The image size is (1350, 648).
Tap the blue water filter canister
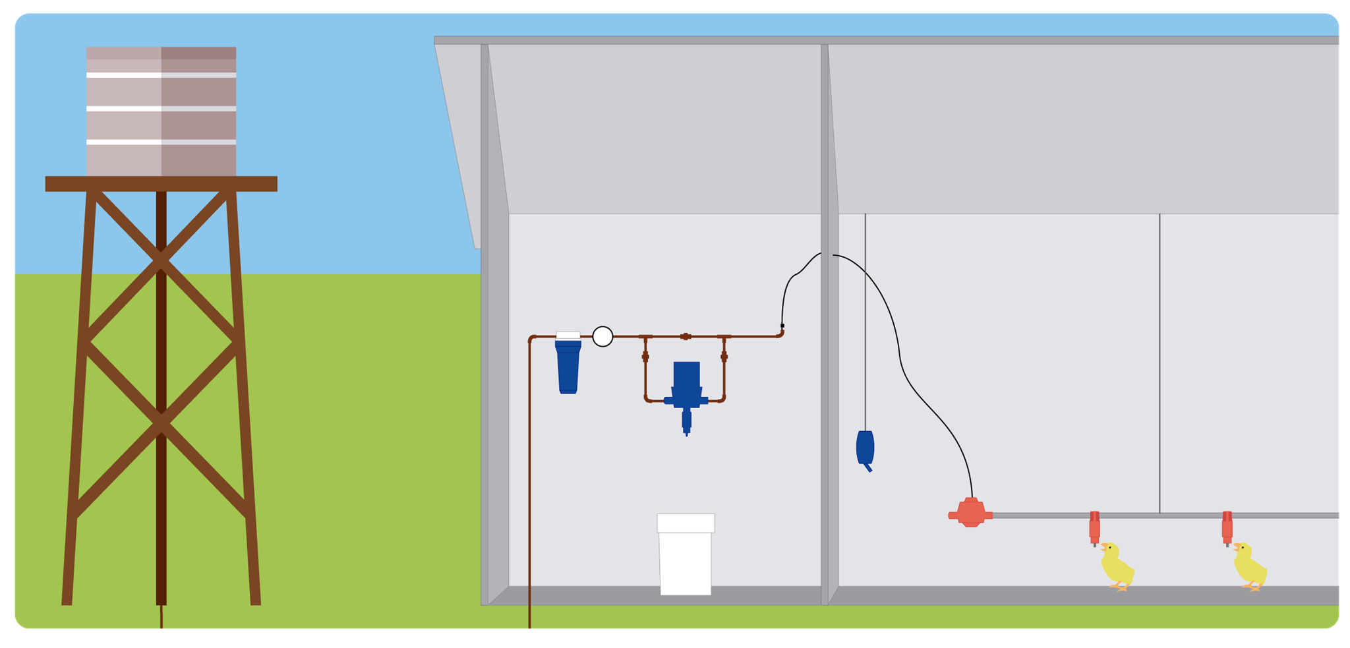[x=568, y=367]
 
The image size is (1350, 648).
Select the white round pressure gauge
[x=602, y=336]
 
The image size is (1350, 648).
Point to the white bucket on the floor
[x=686, y=560]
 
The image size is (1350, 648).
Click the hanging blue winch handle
[x=865, y=448]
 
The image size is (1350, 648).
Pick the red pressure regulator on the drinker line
[x=970, y=513]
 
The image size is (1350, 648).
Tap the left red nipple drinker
[x=1094, y=527]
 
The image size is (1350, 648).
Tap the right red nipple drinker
[x=1227, y=527]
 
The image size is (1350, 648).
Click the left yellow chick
[x=1117, y=566]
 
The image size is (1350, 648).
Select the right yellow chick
[x=1249, y=566]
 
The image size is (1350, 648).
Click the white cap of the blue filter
[x=568, y=336]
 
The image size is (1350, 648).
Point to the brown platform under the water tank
[x=161, y=184]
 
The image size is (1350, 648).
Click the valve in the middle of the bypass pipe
[x=686, y=336]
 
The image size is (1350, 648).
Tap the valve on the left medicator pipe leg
[x=645, y=357]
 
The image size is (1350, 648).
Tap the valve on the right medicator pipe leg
[x=724, y=357]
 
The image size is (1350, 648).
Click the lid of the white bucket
[x=686, y=523]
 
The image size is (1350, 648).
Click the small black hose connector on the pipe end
[x=782, y=326]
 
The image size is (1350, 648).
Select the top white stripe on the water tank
[x=161, y=75]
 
